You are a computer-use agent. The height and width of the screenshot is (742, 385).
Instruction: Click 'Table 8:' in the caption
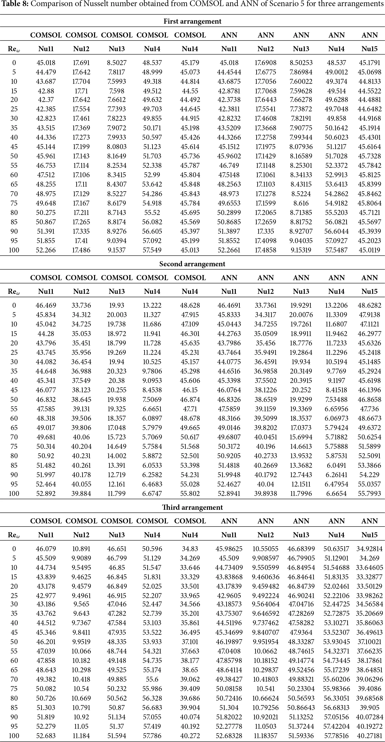(x=15, y=4)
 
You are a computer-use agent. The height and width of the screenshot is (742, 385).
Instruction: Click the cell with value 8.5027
(x=117, y=63)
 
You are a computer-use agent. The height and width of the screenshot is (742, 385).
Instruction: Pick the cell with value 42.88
(x=46, y=91)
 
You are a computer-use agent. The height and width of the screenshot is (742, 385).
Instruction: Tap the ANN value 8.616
(x=301, y=203)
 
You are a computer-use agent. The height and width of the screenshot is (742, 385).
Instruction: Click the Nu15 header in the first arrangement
(x=369, y=49)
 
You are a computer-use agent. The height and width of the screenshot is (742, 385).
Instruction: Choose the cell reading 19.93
(x=117, y=305)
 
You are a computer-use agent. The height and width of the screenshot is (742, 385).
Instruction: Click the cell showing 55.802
(x=190, y=493)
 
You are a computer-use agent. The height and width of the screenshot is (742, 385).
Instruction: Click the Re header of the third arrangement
(x=14, y=535)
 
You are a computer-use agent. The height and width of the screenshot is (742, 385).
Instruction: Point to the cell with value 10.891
(x=81, y=549)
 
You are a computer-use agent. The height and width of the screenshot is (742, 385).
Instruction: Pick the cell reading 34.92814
(x=369, y=549)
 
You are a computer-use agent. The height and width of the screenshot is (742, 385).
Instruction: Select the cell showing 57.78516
(x=336, y=735)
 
